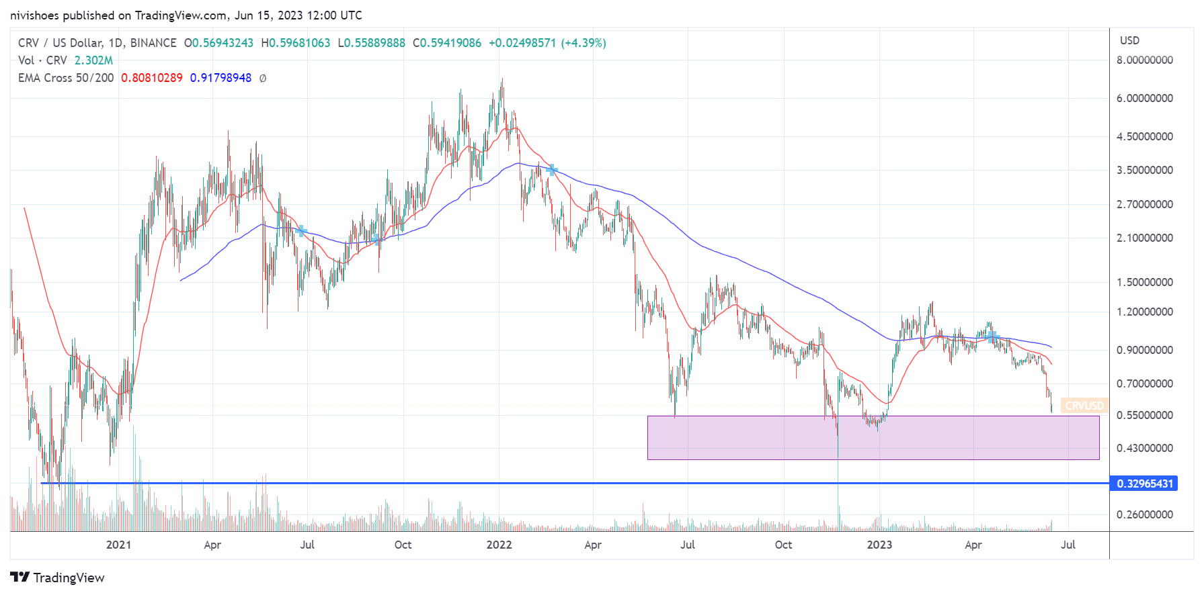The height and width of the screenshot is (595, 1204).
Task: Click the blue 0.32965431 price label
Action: [x=1144, y=484]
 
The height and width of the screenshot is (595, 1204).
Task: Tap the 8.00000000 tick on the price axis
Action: [x=1144, y=60]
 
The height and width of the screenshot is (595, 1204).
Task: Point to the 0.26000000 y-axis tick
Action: [x=1144, y=514]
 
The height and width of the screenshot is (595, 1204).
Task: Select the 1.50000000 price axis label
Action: [x=1144, y=282]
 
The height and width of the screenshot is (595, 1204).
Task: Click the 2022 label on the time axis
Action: [x=499, y=545]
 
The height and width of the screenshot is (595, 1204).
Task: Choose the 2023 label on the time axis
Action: [x=879, y=545]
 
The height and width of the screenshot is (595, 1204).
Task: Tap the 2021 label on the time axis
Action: [x=118, y=545]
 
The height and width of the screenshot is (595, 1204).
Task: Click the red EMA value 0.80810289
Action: [x=151, y=78]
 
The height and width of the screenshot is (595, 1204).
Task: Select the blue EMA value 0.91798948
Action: [x=220, y=78]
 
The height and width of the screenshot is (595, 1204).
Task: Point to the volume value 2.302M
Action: [x=93, y=60]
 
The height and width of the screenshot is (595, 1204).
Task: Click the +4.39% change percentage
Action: [x=584, y=43]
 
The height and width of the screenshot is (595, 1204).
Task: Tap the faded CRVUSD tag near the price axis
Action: [x=1084, y=406]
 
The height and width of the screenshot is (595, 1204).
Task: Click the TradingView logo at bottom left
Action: [x=58, y=578]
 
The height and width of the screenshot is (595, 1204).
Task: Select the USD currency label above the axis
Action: [x=1129, y=40]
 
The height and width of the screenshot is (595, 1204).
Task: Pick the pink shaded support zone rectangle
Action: [x=873, y=438]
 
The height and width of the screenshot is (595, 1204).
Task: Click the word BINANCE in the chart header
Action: [x=153, y=43]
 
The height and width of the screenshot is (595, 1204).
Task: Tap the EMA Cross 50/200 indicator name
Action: [x=66, y=78]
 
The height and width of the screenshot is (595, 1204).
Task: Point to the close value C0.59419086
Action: [x=447, y=43]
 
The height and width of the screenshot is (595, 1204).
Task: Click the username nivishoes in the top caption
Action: [x=35, y=15]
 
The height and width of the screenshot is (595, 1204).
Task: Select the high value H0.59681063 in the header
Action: [x=296, y=43]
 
